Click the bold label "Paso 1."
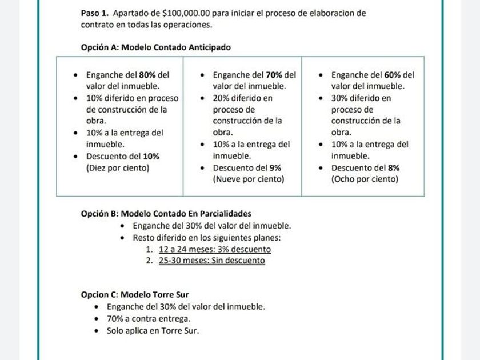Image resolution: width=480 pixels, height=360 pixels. (x=95, y=13)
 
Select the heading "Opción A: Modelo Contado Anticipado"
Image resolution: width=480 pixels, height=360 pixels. (x=155, y=47)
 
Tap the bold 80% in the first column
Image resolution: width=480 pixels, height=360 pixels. (x=147, y=75)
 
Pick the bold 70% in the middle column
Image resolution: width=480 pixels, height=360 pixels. (x=274, y=75)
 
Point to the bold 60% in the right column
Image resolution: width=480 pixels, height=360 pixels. (x=393, y=75)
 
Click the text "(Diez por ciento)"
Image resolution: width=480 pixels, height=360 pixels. (x=118, y=168)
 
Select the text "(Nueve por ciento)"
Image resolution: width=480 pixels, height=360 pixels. (x=249, y=179)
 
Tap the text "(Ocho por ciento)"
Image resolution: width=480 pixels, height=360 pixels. (x=365, y=179)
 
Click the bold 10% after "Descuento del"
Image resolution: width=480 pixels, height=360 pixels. (x=151, y=156)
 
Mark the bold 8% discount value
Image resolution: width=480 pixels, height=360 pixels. (x=393, y=168)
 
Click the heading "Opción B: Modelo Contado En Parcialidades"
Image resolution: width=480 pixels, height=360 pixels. (x=166, y=214)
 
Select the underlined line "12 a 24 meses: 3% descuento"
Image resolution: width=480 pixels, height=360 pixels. (x=215, y=249)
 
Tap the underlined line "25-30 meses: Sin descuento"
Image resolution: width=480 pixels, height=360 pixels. (x=211, y=261)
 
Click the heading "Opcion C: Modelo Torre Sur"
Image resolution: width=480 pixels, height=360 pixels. (x=134, y=295)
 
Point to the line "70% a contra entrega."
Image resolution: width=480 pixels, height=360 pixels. (x=149, y=318)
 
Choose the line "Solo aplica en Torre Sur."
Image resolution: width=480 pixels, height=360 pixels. (x=153, y=330)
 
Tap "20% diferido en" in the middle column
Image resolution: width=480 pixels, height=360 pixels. (x=242, y=98)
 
